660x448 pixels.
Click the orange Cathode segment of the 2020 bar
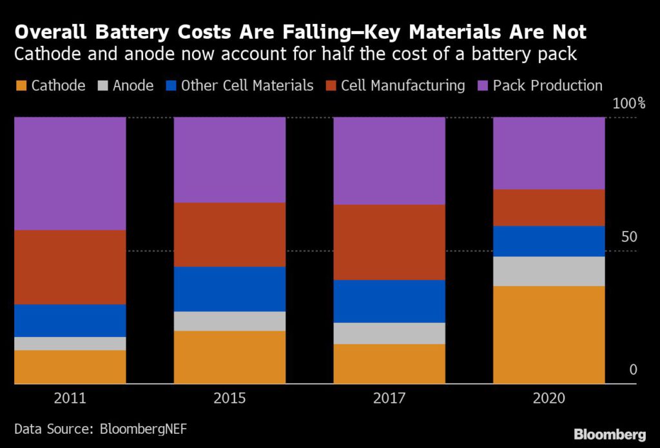coord(549,335)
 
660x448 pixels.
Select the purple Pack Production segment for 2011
coord(70,173)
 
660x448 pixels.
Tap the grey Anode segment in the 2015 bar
coord(229,321)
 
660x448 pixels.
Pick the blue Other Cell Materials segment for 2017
coord(389,301)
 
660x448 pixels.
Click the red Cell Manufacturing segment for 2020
coord(549,207)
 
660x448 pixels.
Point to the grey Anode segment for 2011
coord(70,344)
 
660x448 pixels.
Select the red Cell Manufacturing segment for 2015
coord(229,235)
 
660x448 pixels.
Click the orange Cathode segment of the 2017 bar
coord(389,364)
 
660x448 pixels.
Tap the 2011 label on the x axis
coord(70,398)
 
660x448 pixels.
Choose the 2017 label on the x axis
coord(389,398)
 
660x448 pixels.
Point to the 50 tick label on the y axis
coord(628,237)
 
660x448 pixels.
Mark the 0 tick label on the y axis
coord(633,370)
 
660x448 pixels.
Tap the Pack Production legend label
coord(547,86)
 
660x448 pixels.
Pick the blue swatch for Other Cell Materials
coord(171,86)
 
